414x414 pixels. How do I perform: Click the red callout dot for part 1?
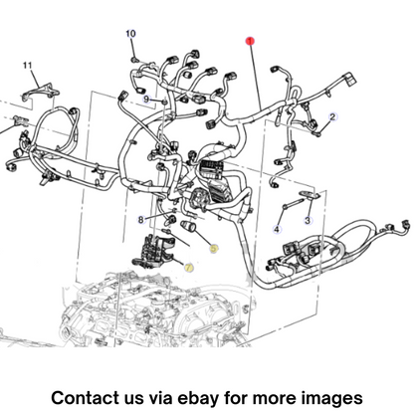click(x=250, y=41)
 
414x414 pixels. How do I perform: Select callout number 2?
click(x=332, y=117)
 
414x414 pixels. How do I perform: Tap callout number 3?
click(x=308, y=220)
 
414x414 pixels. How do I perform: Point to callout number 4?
click(x=277, y=229)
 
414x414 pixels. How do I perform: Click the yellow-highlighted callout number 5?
click(x=214, y=248)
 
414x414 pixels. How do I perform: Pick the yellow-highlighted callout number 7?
click(x=189, y=267)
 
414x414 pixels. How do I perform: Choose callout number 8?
click(x=141, y=220)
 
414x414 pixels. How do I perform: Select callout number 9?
click(x=147, y=99)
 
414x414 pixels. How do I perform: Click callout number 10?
click(x=130, y=34)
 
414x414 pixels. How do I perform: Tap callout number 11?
click(x=28, y=65)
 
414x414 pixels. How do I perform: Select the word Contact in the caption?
click(x=85, y=397)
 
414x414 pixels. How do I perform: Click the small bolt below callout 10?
click(x=134, y=60)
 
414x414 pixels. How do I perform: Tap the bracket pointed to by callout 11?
click(x=41, y=92)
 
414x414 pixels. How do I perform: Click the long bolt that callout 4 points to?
click(x=294, y=203)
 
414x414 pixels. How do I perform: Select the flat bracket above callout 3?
click(x=310, y=195)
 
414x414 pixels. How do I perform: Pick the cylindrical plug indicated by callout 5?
click(x=189, y=227)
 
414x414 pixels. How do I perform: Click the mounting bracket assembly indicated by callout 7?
click(x=153, y=251)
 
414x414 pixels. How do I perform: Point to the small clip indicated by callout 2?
click(x=317, y=134)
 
